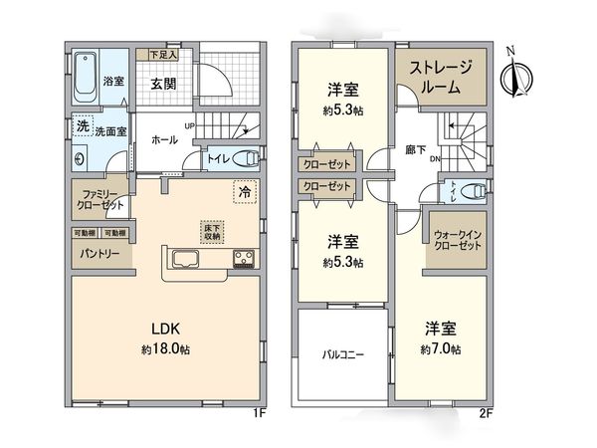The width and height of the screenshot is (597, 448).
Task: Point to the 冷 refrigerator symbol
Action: (244, 189)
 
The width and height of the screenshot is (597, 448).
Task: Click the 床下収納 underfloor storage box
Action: (213, 231)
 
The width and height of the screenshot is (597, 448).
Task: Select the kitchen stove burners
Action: (245, 261)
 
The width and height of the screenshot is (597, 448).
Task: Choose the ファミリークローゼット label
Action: (99, 199)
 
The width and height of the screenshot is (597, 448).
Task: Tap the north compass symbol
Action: (515, 75)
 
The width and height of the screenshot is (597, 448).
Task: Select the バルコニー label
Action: (340, 354)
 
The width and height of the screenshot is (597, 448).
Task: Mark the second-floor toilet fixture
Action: (479, 189)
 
